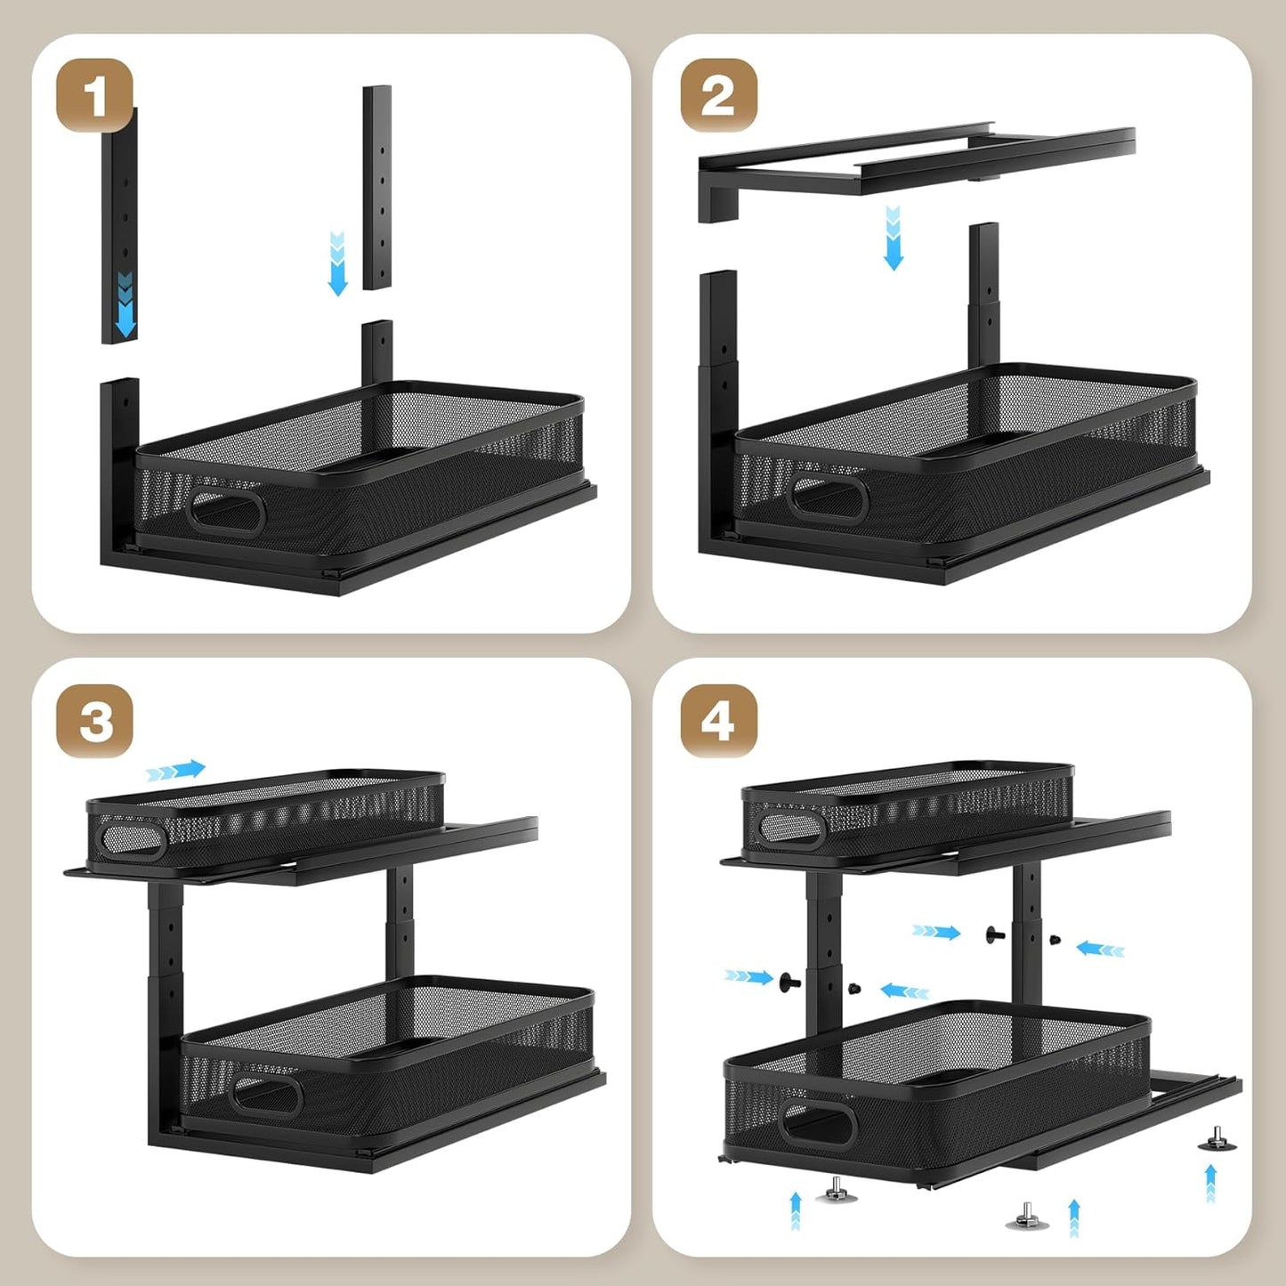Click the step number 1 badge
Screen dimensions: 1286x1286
click(x=94, y=94)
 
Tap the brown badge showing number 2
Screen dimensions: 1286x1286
click(x=719, y=94)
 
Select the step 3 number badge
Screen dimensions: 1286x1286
click(x=94, y=721)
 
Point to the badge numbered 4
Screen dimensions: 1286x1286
click(x=719, y=721)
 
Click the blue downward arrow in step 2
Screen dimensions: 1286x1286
click(x=893, y=239)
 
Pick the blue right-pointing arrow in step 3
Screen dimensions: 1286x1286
click(x=175, y=770)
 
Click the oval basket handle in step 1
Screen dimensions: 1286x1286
click(x=227, y=514)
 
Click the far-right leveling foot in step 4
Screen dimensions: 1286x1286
click(x=1217, y=1157)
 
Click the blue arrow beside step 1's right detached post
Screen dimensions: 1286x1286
click(x=337, y=263)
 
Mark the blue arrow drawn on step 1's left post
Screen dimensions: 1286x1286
click(x=125, y=303)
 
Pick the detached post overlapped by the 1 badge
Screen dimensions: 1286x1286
click(x=120, y=227)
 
